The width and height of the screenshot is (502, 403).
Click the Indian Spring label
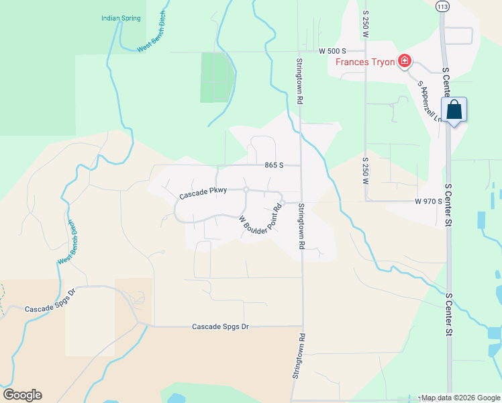pyautogui.click(x=121, y=18)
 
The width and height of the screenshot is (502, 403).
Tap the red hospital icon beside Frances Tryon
pyautogui.click(x=404, y=62)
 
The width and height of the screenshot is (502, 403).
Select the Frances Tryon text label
pyautogui.click(x=365, y=62)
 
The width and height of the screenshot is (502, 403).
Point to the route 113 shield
pyautogui.click(x=442, y=7)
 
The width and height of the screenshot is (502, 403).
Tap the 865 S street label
pyautogui.click(x=274, y=165)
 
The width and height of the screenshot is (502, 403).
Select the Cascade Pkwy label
pyautogui.click(x=203, y=194)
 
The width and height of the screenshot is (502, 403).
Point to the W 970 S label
pyautogui.click(x=428, y=201)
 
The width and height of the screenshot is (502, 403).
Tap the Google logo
pyautogui.click(x=22, y=395)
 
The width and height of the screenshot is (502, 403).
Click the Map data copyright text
pyautogui.click(x=460, y=398)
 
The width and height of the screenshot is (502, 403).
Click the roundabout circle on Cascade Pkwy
pyautogui.click(x=246, y=190)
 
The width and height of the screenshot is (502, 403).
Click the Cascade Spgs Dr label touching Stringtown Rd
pyautogui.click(x=220, y=326)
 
